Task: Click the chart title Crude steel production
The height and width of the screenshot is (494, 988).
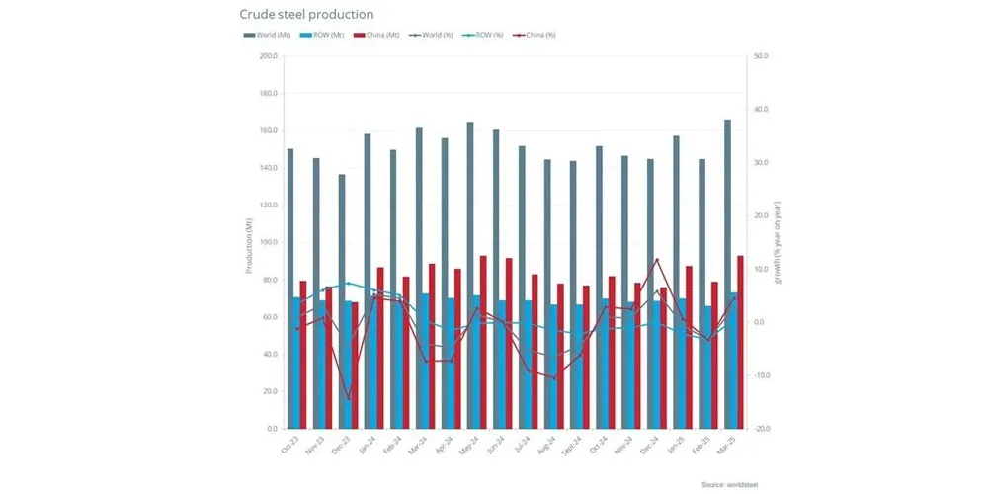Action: coord(306,15)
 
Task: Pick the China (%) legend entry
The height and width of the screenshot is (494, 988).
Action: coord(535,36)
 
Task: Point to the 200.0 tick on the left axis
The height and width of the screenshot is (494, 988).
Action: coord(268,56)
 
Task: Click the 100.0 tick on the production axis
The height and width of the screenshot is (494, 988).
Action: coord(268,243)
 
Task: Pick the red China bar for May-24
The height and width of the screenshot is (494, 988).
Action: coord(483,342)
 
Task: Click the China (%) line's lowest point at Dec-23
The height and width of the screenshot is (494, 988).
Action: coord(348,400)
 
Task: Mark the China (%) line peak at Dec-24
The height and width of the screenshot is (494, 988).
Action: coord(656,260)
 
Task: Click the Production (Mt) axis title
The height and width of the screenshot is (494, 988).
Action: coord(248,243)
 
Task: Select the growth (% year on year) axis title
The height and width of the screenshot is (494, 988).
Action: coord(778,243)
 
